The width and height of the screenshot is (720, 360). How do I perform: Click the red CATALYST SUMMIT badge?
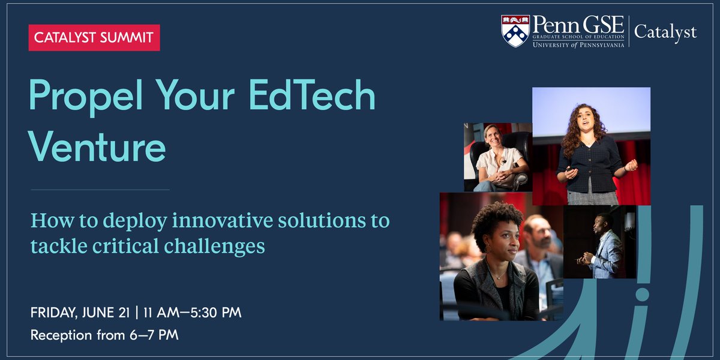(x=94, y=38)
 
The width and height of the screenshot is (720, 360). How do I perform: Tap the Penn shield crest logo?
(x=515, y=31)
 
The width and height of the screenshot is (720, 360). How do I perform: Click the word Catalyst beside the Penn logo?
(x=665, y=32)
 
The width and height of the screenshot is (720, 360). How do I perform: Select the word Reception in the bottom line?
(x=62, y=335)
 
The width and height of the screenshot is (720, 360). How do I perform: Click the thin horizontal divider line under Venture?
(x=100, y=190)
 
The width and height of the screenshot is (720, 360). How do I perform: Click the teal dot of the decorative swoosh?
(x=643, y=295)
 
